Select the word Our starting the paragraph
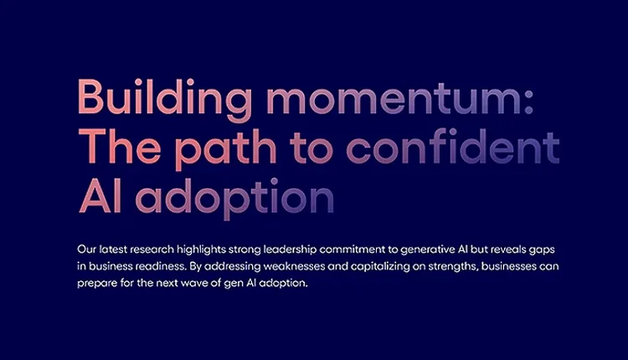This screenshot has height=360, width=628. click(85, 250)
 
